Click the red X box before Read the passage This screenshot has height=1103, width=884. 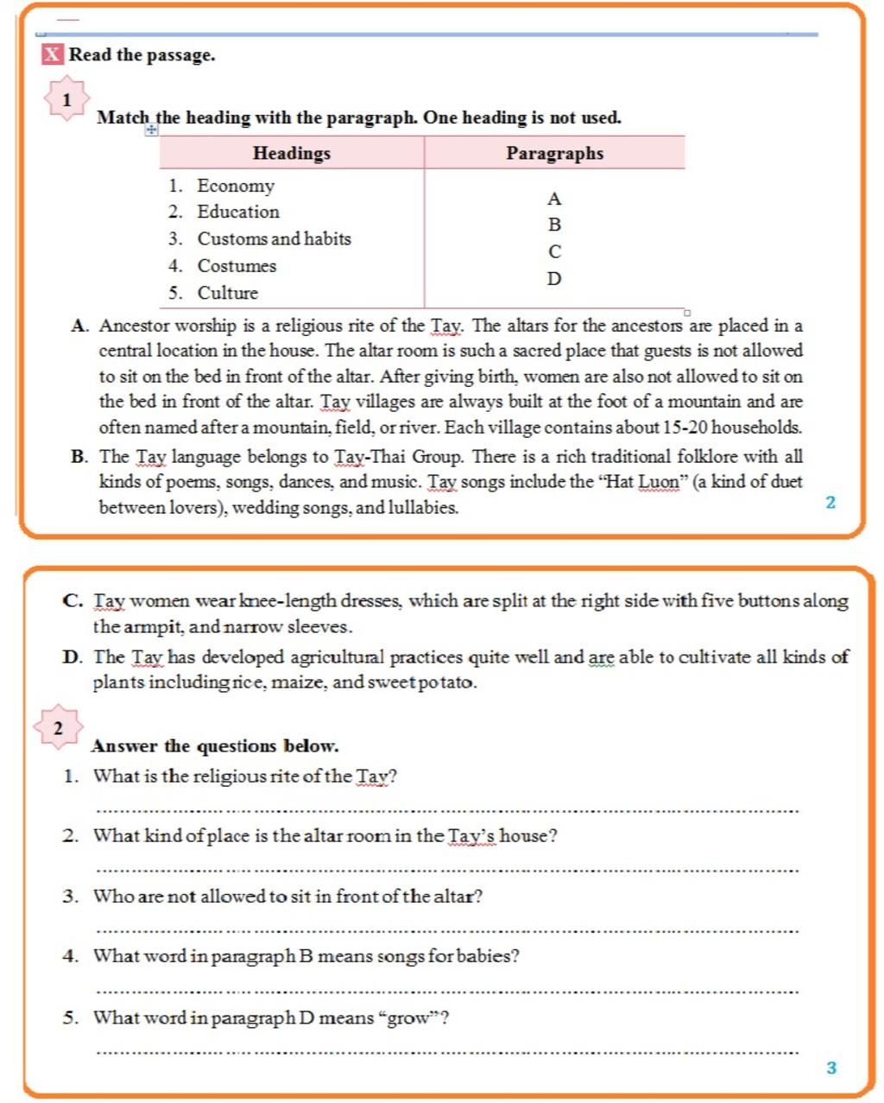53,54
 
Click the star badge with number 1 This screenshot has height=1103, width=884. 66,100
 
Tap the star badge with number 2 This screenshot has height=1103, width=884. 58,728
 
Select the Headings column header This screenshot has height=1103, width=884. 292,153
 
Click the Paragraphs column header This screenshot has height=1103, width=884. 554,153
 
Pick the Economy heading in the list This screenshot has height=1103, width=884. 235,186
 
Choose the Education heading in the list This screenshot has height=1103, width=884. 237,212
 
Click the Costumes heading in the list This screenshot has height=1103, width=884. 237,266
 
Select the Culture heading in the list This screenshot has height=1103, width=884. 227,293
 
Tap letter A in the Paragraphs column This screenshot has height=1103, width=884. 554,199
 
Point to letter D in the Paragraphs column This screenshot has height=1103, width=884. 554,279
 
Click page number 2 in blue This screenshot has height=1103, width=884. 830,503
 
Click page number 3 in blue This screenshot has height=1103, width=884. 831,1068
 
